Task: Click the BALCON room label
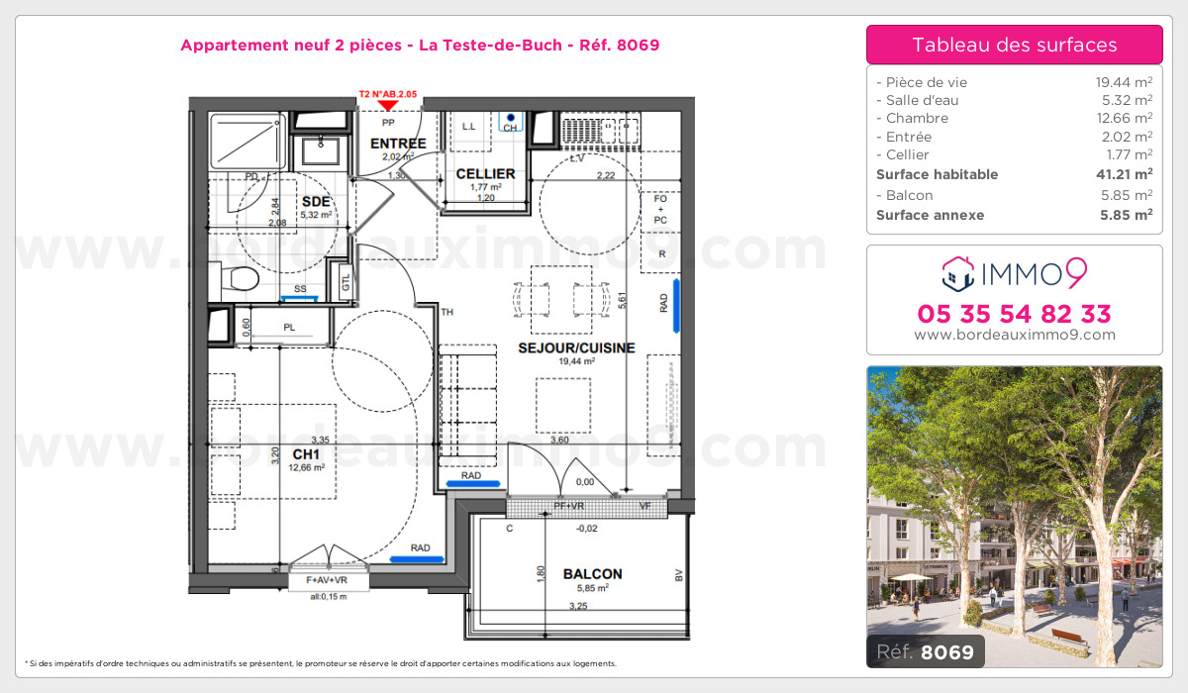click(x=592, y=574)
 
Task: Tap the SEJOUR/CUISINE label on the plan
click(x=576, y=347)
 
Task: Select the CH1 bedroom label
click(x=304, y=454)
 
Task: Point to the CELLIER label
click(x=485, y=174)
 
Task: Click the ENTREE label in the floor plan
click(x=398, y=144)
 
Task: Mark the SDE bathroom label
click(x=314, y=200)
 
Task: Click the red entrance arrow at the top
click(x=388, y=105)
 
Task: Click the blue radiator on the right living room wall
click(x=677, y=304)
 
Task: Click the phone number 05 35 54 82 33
click(x=1014, y=315)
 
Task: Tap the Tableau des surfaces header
click(x=1014, y=45)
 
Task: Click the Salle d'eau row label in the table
click(x=922, y=100)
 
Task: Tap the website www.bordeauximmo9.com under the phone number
click(x=1014, y=335)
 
